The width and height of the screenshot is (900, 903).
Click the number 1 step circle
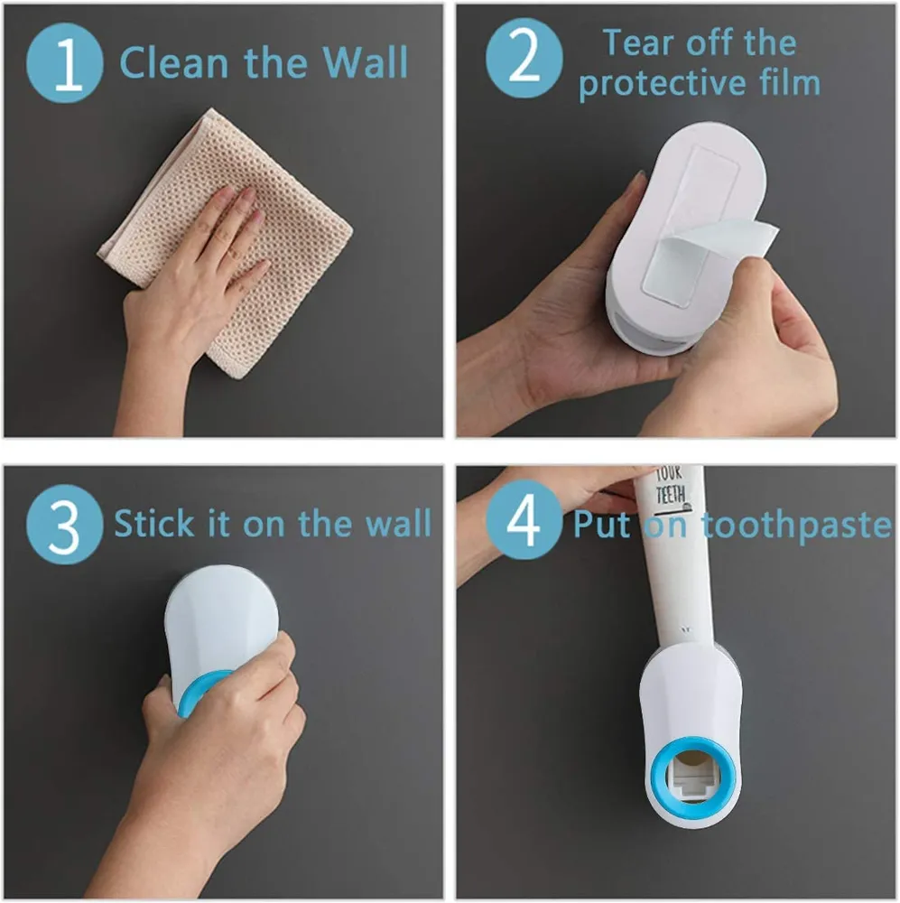click(x=64, y=63)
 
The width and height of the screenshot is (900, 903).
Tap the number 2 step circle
click(x=524, y=58)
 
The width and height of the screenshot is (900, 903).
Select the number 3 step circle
click(x=64, y=524)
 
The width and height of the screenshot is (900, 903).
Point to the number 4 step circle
click(x=524, y=519)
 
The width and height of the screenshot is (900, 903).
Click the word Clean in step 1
click(x=174, y=62)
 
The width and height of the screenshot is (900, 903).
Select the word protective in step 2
click(x=663, y=84)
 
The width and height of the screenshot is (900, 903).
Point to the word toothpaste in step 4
click(x=796, y=526)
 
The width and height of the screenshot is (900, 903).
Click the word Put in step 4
click(x=602, y=525)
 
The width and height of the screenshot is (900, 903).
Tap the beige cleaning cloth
click(x=225, y=242)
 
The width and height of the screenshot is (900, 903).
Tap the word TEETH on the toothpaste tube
click(x=670, y=495)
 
